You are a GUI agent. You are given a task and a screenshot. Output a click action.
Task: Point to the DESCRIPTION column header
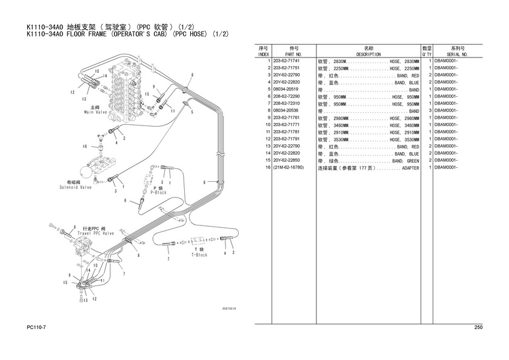[x=368, y=54]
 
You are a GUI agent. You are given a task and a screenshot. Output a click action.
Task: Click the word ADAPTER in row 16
[x=410, y=167]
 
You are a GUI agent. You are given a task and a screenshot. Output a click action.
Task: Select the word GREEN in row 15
[x=412, y=161]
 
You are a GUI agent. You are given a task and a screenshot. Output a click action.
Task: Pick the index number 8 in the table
[x=267, y=111]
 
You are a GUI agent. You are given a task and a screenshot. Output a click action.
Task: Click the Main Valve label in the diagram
[x=95, y=112]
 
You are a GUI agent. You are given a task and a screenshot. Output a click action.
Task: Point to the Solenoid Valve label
[x=76, y=188]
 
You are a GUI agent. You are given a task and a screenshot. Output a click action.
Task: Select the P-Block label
[x=158, y=192]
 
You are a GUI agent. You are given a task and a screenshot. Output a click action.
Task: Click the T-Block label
[x=199, y=255]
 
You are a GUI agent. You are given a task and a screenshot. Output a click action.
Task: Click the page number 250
[x=478, y=328]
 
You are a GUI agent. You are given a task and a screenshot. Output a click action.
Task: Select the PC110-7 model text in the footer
[x=38, y=328]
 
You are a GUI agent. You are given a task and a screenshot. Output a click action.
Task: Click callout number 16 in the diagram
[x=85, y=146]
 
